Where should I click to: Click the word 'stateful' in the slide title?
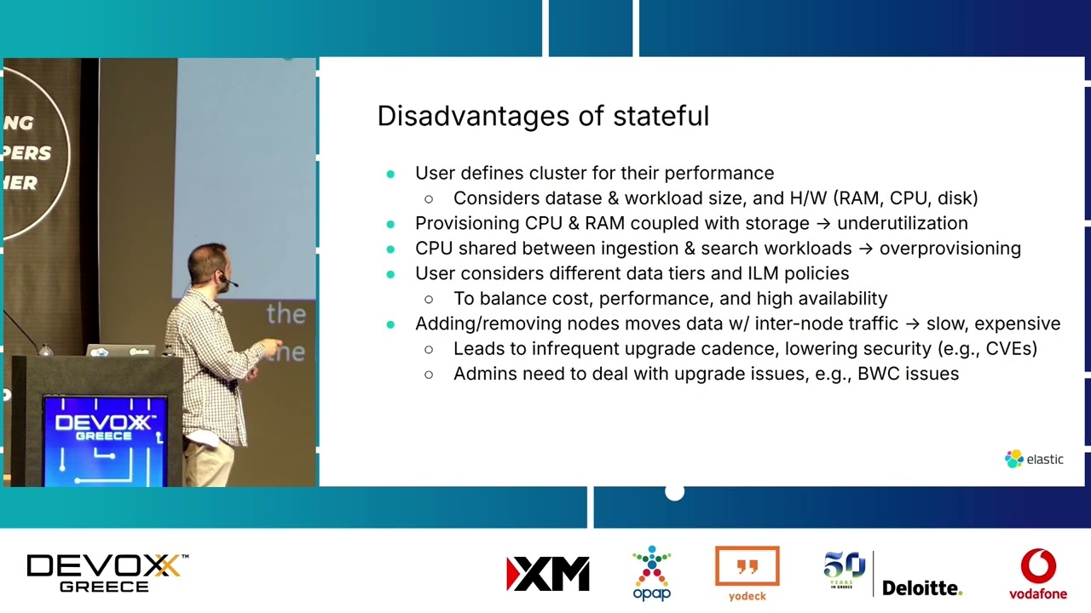coord(661,116)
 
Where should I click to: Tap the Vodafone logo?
coord(1038,574)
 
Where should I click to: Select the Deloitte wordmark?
coord(922,587)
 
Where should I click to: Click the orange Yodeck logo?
coord(748,574)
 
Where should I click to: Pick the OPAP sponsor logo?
coord(652,573)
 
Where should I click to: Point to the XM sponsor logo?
coord(547,574)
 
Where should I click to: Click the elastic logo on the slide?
coord(1034,459)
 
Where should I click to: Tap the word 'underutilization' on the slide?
coord(903,223)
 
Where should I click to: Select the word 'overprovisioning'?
coord(950,249)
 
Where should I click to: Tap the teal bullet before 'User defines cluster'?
coord(390,174)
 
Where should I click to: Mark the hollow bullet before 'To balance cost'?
coord(429,299)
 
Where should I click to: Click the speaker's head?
coord(209,266)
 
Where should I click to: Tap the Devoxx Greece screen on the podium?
coord(104,441)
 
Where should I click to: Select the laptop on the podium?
coord(121,350)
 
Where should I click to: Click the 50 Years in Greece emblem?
coord(844,570)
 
